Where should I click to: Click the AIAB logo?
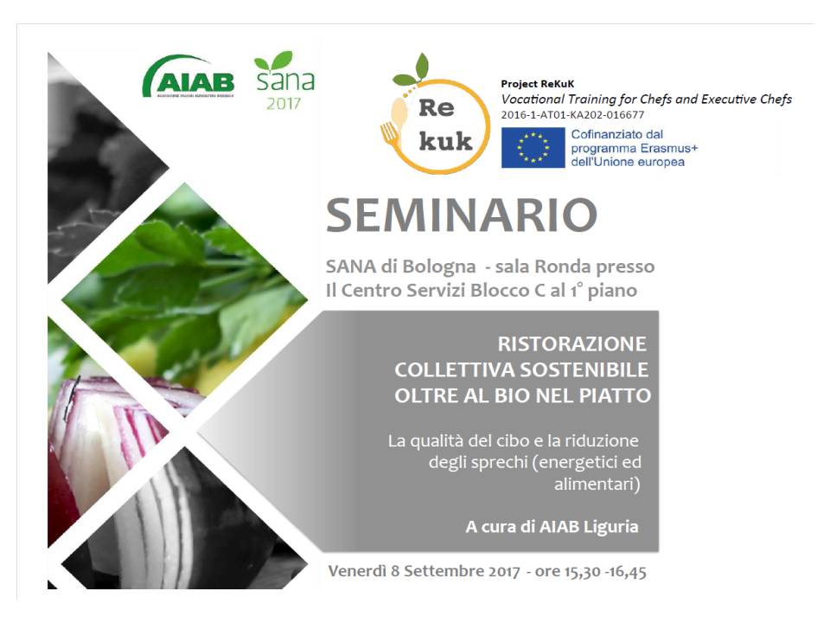click(x=188, y=77)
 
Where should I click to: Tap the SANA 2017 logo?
click(x=284, y=80)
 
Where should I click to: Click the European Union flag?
click(x=533, y=148)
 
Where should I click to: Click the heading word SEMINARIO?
click(x=462, y=215)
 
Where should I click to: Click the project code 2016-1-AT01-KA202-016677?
click(x=572, y=115)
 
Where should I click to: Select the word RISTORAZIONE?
click(x=571, y=344)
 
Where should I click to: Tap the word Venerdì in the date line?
click(x=357, y=571)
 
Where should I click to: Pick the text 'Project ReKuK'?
click(x=537, y=84)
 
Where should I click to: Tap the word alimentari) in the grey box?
click(x=597, y=485)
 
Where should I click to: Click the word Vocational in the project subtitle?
click(x=533, y=99)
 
